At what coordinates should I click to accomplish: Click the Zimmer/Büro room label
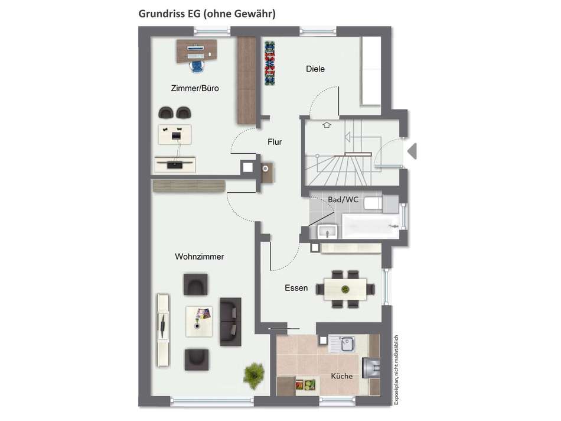click(x=194, y=88)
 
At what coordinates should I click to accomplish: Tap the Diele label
click(x=315, y=69)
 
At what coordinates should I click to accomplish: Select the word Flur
click(x=275, y=142)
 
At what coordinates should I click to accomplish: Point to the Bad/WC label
click(x=343, y=200)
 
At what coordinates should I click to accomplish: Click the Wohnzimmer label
click(x=199, y=257)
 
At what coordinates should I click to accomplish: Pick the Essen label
click(x=296, y=288)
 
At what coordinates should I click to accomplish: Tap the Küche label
click(x=341, y=376)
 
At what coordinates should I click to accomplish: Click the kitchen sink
click(x=345, y=344)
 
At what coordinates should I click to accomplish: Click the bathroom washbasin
click(x=327, y=231)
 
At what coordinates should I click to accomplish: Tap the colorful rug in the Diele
click(x=271, y=63)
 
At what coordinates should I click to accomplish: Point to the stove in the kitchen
click(x=373, y=368)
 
